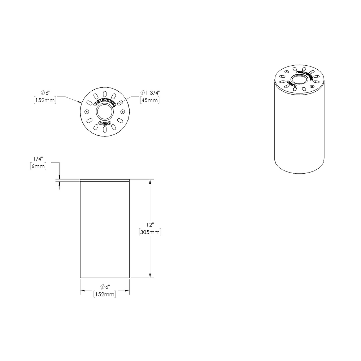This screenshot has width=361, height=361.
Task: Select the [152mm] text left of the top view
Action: point(44,100)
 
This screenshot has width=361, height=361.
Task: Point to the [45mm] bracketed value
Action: point(149,100)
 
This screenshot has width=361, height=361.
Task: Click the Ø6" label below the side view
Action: point(105,287)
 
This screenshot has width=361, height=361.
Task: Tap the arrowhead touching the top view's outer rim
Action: point(80,103)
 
